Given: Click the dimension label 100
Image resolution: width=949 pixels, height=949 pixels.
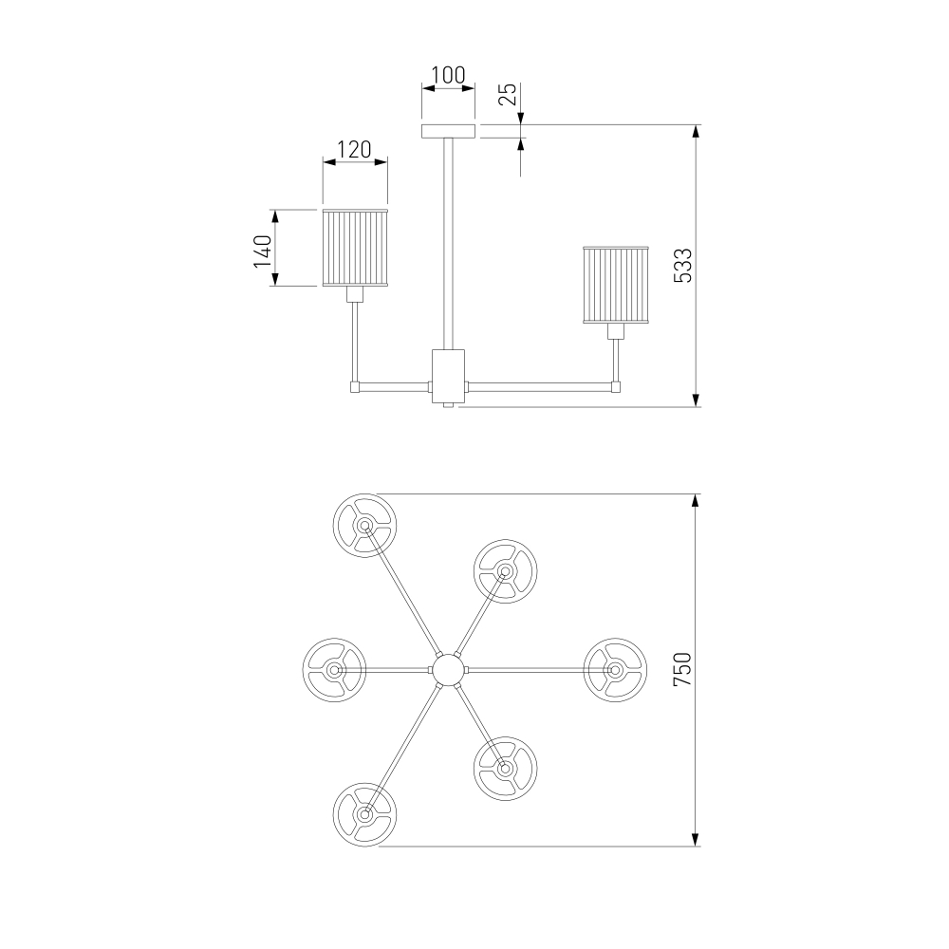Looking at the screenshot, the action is click(448, 76).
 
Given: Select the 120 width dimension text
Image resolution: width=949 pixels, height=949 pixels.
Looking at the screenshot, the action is click(354, 149).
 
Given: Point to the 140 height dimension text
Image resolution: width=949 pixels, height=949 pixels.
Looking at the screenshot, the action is click(263, 251).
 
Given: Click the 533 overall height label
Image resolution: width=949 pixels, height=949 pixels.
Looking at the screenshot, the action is click(682, 265).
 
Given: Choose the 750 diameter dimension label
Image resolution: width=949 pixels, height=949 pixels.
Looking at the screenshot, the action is click(682, 669).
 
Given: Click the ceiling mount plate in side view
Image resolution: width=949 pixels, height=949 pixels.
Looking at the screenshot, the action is click(449, 131).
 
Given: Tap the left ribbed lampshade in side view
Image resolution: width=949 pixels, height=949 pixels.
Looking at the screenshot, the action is click(355, 248).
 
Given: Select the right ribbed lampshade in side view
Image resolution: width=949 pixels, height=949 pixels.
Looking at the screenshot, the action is click(616, 285).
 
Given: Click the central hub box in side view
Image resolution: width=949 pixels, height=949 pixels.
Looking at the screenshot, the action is click(449, 375).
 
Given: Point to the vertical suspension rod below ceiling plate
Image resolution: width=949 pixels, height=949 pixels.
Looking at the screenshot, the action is click(449, 243).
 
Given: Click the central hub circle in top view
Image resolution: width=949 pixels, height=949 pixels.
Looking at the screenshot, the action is click(448, 669).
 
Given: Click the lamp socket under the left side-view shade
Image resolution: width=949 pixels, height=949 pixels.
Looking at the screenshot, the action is click(355, 294).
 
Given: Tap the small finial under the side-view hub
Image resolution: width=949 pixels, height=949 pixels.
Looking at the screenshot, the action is click(449, 405).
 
